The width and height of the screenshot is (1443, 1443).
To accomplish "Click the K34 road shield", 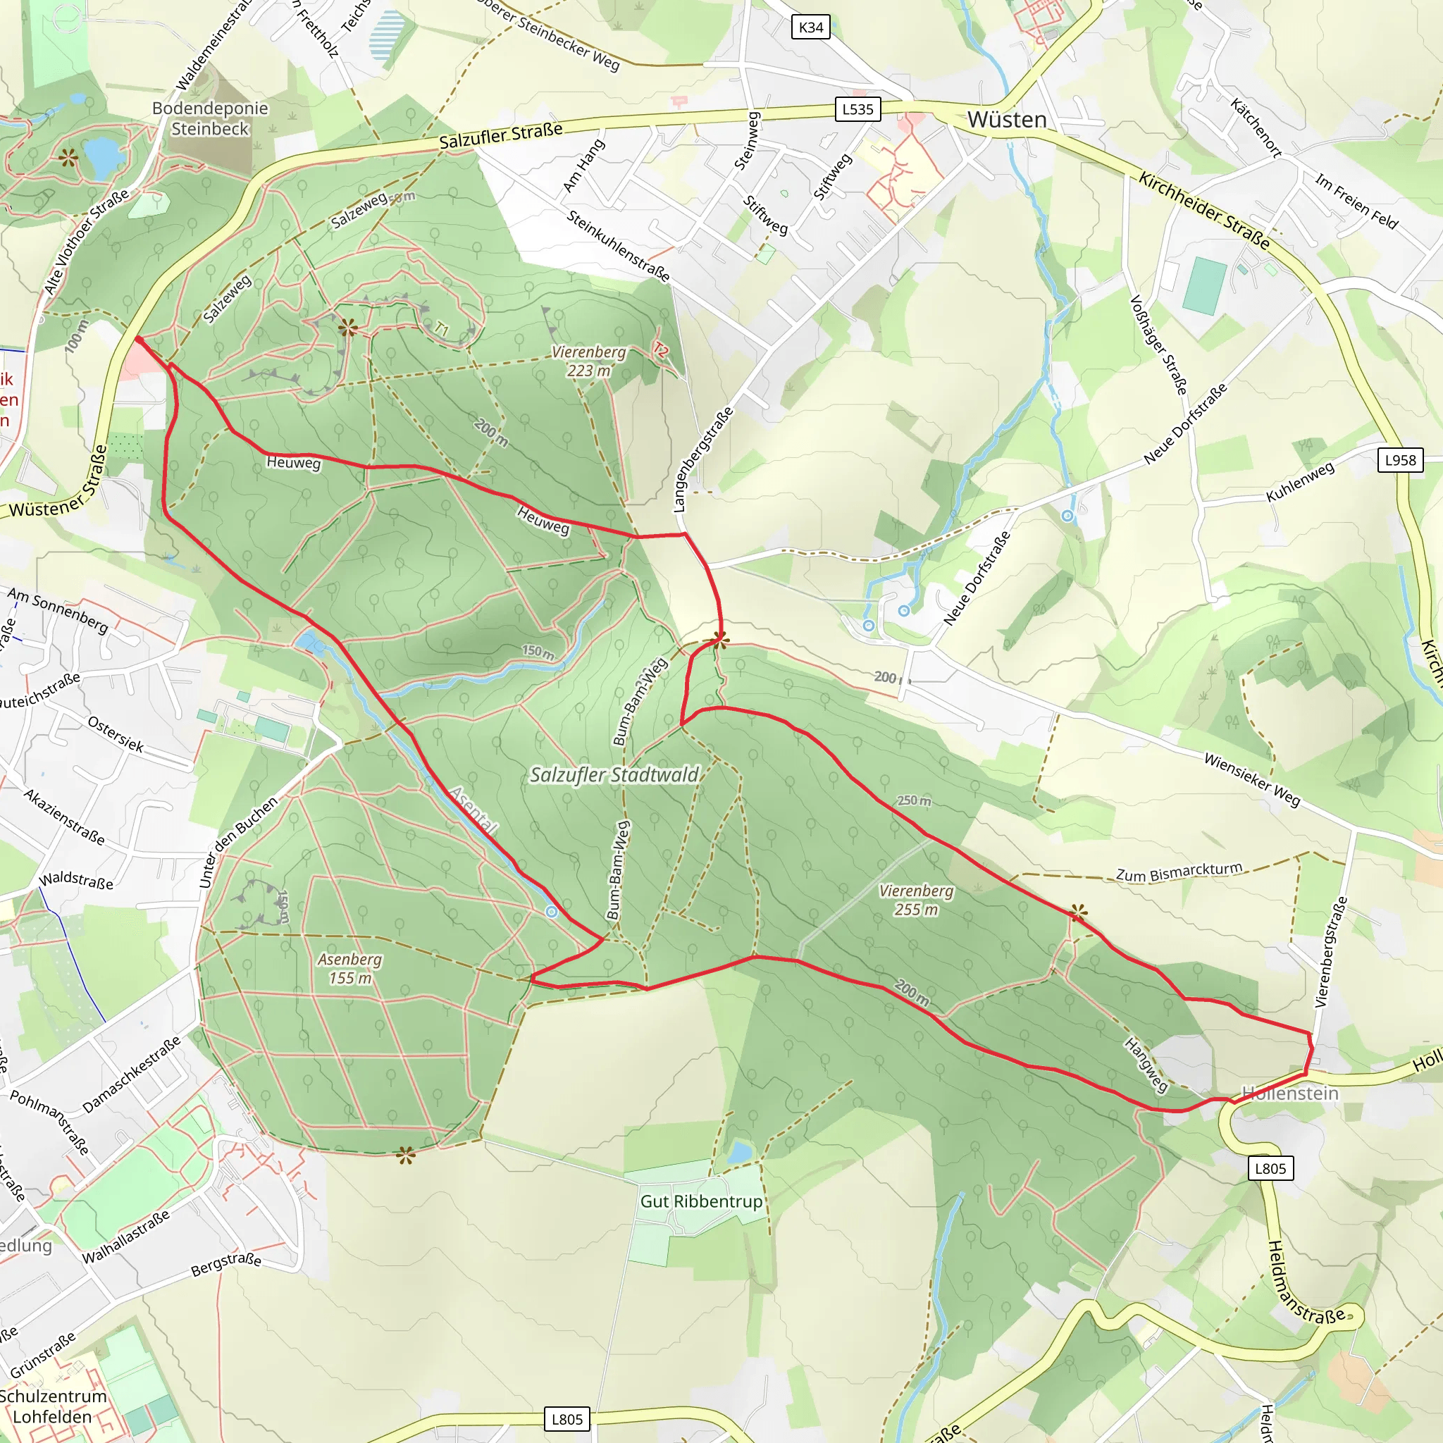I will point(810,27).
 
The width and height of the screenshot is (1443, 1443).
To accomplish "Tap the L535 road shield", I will point(857,109).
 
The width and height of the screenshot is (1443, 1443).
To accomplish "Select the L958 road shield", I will point(1400,460).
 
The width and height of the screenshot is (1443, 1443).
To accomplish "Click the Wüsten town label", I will point(1007,120).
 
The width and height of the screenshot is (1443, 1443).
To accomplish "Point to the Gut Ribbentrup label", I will point(700,1201).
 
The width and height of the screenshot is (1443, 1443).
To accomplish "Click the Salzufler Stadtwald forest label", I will point(614,774).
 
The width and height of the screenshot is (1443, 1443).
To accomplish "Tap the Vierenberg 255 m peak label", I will point(916,900).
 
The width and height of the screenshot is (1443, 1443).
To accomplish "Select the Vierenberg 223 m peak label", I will point(588,361).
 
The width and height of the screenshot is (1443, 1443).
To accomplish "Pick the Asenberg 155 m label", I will point(349,968).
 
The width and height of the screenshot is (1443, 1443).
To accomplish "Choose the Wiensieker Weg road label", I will point(1252,780).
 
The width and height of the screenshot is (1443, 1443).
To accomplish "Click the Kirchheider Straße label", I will point(1203,210).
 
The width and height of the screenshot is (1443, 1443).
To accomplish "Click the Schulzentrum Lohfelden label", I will point(52,1406).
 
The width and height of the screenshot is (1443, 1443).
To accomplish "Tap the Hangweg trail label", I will point(1146,1065).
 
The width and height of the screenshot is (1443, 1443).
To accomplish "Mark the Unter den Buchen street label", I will point(237,842).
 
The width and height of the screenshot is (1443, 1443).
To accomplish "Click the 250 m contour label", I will point(913,800).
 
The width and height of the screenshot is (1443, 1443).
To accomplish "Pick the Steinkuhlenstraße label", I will point(618,246).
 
